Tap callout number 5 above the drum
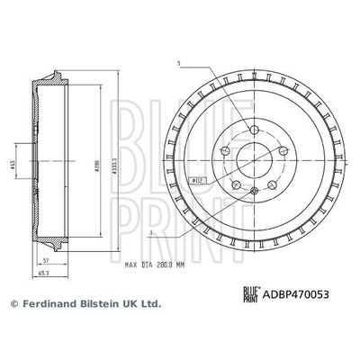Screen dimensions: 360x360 pos(179,63)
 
